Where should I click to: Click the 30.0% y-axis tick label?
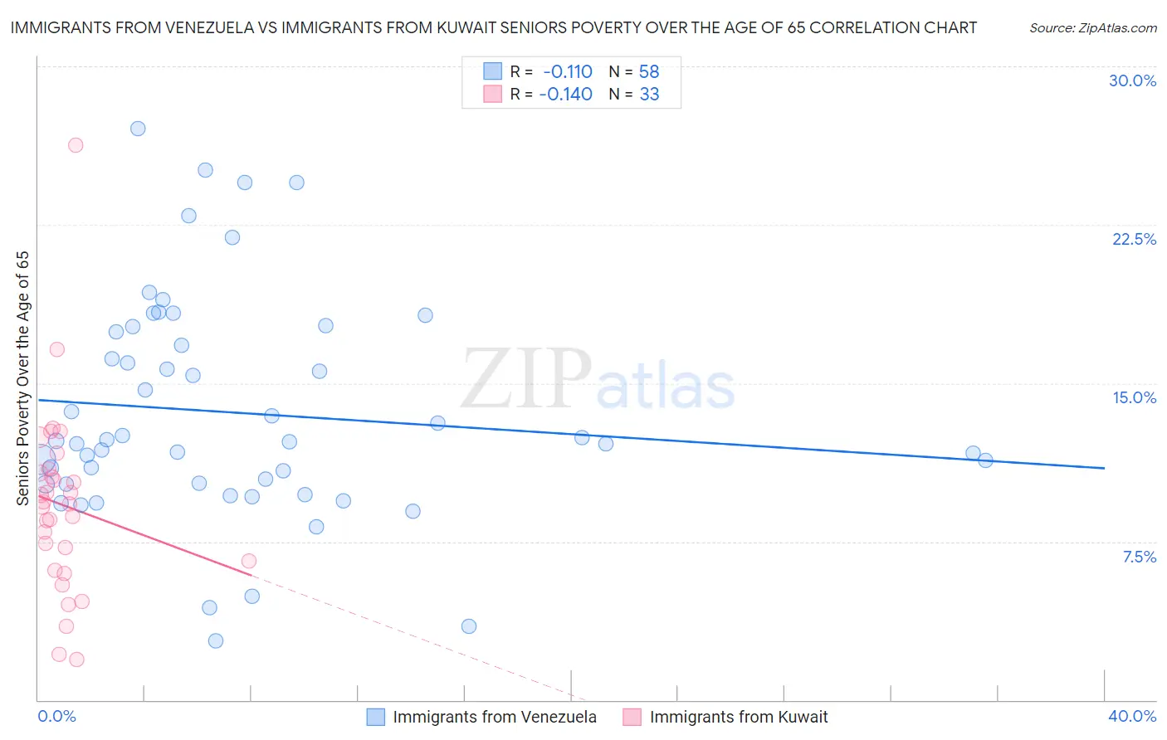point(1132,80)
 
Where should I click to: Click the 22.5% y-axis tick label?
point(1134,239)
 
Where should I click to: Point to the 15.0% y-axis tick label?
point(1134,397)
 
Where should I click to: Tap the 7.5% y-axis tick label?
point(1139,557)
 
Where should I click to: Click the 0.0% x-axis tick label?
point(56,716)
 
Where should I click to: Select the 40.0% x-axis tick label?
point(1131,716)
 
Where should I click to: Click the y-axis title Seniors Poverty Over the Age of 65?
point(22,377)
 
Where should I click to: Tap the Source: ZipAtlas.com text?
point(1092,27)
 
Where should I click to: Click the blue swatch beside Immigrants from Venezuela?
point(376,717)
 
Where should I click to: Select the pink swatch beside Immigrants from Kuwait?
point(632,717)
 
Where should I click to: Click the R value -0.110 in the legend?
point(568,71)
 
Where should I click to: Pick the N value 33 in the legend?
point(649,94)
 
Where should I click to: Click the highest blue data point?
point(138,129)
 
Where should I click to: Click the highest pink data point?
point(76,145)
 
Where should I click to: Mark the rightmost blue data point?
point(985,460)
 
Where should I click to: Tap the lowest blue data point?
point(216,640)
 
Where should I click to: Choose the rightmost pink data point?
point(249,561)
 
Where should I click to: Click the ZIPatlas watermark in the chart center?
point(598,380)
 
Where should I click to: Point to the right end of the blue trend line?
point(1104,468)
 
